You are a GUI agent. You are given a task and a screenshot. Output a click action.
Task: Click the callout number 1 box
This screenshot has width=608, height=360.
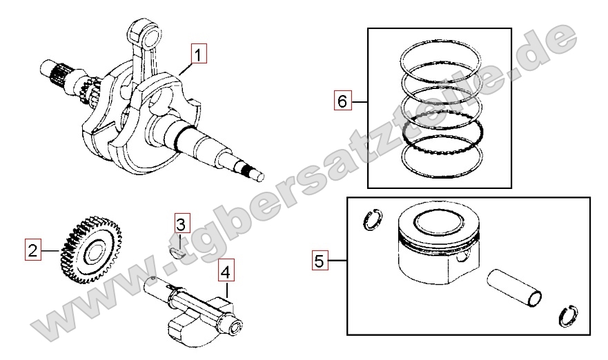coord(199,54)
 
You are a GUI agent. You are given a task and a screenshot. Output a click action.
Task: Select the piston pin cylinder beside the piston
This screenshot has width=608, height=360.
coord(514,287)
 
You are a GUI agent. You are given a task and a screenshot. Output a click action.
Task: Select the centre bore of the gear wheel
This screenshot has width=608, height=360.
coord(93,252)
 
